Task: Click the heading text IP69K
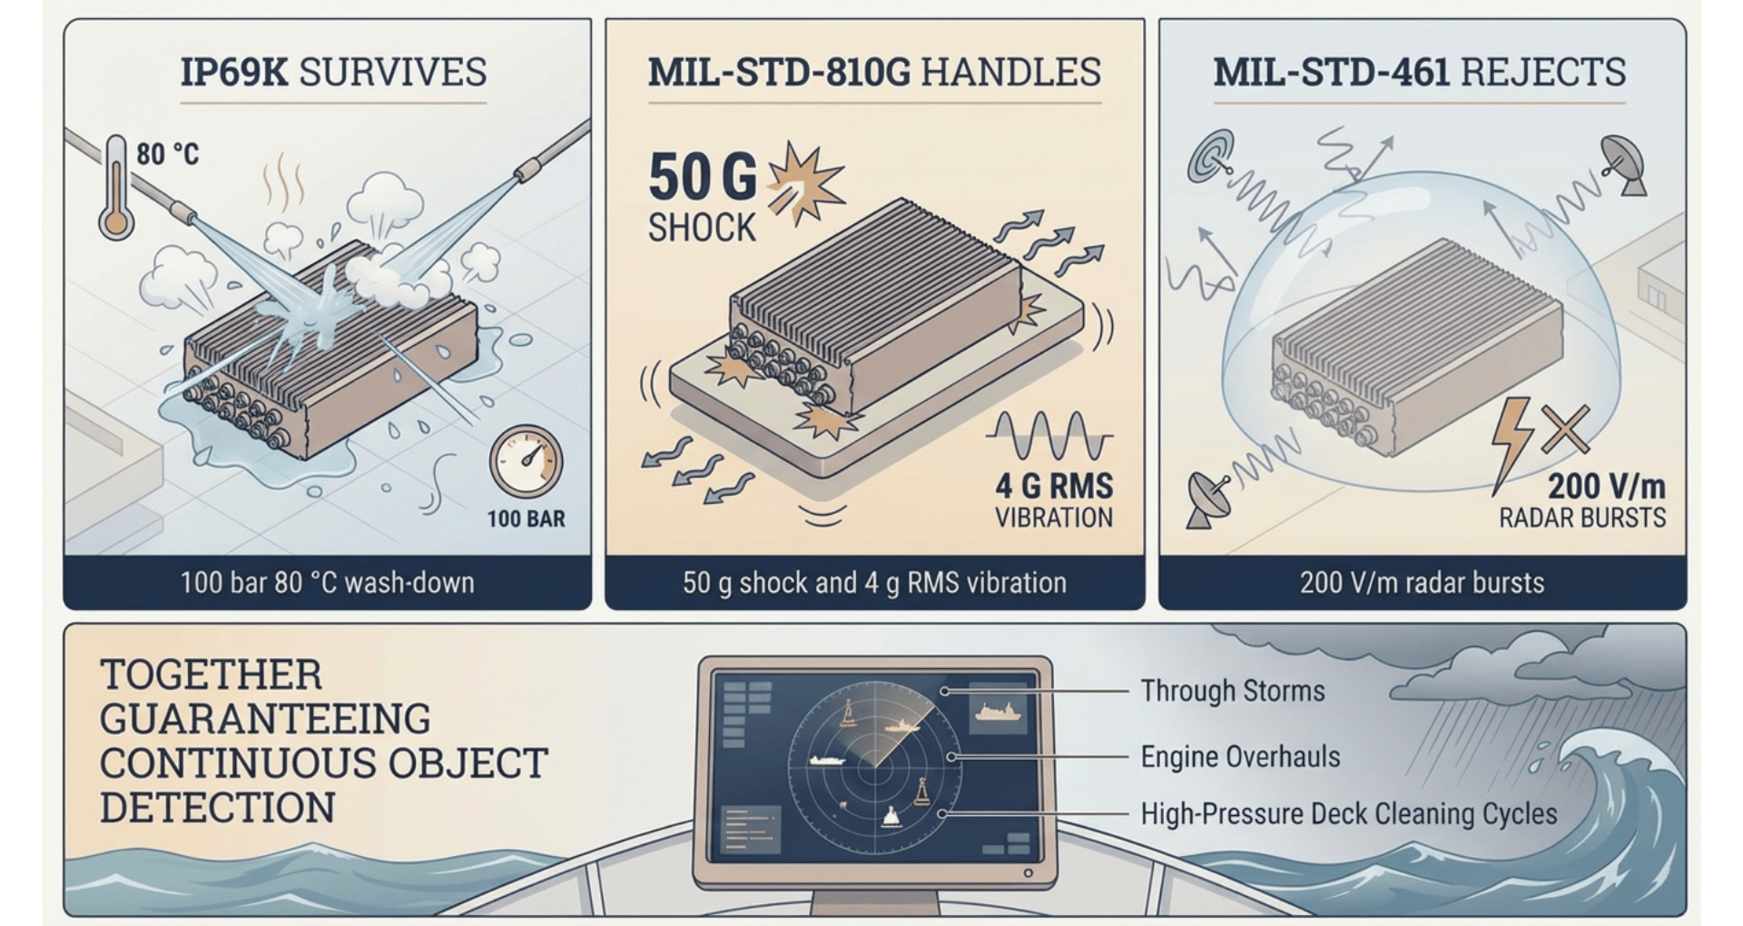[234, 72]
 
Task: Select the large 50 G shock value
[703, 176]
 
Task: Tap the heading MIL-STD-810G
[778, 72]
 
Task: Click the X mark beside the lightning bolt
[1564, 429]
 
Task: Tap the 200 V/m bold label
[1606, 488]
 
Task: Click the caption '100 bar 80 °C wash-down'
[327, 582]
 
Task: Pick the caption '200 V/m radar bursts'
[1422, 582]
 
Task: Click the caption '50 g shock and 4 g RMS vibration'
[874, 582]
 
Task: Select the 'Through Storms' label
[1233, 691]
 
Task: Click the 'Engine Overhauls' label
[1240, 756]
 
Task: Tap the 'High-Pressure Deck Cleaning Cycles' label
[1348, 813]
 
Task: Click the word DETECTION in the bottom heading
[218, 807]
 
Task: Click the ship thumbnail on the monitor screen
[998, 714]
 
